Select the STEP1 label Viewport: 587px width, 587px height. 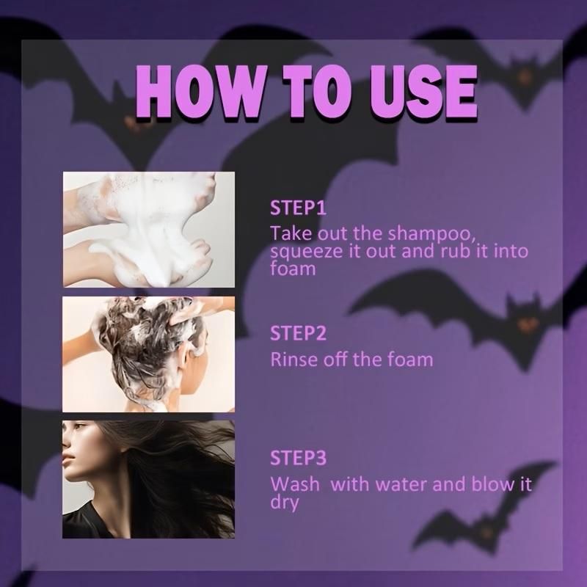[x=297, y=208]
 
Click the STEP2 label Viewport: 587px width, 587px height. [x=297, y=334]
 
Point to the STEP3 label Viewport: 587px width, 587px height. [x=297, y=459]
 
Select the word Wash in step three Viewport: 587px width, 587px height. [x=291, y=485]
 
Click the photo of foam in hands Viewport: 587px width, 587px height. [x=148, y=230]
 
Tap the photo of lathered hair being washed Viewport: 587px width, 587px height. [x=148, y=354]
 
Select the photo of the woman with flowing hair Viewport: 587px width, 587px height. [x=148, y=479]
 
